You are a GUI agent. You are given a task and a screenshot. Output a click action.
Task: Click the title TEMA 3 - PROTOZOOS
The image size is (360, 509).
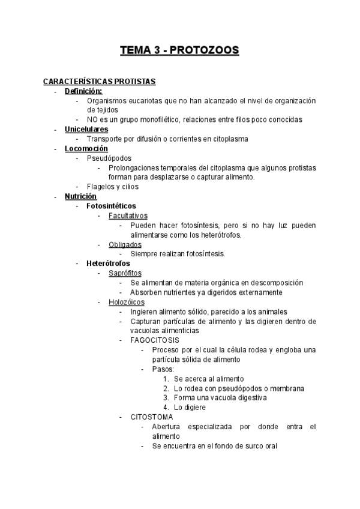pos(180,50)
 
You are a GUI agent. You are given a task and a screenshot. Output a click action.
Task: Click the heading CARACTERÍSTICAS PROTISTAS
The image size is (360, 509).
pos(100,81)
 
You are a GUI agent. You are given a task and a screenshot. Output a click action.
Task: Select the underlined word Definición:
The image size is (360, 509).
pos(84,91)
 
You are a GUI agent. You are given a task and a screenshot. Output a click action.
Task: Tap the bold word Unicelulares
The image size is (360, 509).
pos(86,129)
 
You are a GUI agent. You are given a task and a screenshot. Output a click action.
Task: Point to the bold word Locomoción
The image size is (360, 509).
pos(86,148)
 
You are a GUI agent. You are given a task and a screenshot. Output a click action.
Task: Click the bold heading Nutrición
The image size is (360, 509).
pos(80,196)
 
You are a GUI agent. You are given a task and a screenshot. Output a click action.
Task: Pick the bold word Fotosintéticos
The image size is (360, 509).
pos(112,206)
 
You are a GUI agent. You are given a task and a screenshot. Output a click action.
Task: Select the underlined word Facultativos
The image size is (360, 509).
pos(128,215)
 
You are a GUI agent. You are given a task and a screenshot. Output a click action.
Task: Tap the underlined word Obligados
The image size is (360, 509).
pos(125,244)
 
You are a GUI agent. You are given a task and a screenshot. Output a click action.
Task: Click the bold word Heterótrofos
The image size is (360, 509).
pos(109,263)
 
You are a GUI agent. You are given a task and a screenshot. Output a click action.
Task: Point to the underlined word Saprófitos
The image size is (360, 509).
pos(125,273)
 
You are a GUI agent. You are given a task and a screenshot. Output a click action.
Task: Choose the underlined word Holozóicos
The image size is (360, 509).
pos(126,302)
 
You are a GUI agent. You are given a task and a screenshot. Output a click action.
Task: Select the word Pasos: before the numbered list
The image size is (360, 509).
pos(163,369)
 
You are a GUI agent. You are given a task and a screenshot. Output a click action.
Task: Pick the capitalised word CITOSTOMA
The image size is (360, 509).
pos(152,417)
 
